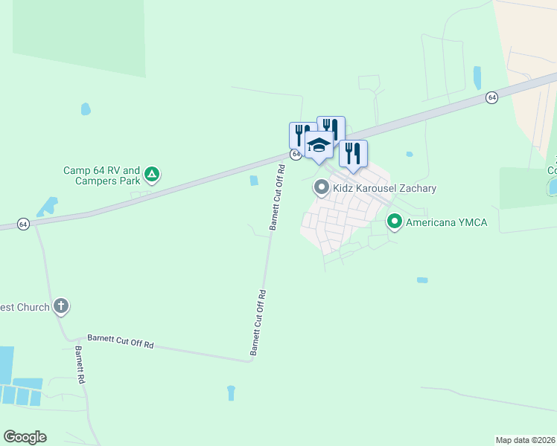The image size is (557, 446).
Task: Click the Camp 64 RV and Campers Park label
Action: [101, 175]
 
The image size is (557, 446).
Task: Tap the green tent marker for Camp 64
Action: [152, 175]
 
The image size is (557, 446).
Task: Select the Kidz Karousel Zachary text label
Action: [384, 188]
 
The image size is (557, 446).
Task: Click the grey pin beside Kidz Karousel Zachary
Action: [322, 187]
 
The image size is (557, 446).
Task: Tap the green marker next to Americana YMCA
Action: [394, 222]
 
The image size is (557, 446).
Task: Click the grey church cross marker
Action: [61, 306]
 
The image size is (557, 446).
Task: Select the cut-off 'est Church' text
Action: [25, 306]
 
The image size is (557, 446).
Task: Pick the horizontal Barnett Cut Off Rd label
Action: [121, 341]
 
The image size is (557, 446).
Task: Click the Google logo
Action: [25, 437]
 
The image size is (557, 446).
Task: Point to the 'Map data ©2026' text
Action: [526, 440]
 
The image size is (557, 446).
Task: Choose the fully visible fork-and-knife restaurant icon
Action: [354, 153]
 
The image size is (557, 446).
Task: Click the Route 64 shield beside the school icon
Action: [296, 154]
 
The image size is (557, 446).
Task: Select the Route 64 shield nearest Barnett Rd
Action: [24, 224]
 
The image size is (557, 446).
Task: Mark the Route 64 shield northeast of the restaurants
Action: [491, 97]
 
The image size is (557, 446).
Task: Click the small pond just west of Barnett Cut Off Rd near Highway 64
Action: [254, 181]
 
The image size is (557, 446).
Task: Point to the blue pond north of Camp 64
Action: [86, 109]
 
